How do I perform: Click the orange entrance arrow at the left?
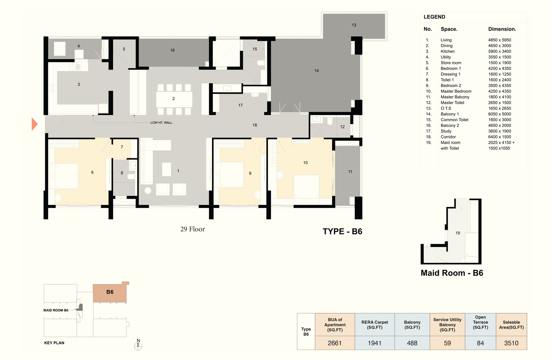34,124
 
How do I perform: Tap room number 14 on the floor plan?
316,70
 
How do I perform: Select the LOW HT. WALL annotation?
161,123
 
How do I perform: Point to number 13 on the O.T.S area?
354,25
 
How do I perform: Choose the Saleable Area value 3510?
511,343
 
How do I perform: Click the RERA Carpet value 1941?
374,343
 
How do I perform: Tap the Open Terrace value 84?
480,343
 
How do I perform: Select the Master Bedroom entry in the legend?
456,91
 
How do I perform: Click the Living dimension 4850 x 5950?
499,40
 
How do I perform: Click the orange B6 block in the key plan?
110,292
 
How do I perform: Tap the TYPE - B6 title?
342,231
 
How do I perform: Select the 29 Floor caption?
192,229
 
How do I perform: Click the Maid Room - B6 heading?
452,273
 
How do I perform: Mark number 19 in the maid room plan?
457,233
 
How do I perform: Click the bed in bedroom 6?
63,176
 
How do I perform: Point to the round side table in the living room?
147,191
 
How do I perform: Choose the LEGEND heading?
434,17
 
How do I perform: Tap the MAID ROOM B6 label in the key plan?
56,310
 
